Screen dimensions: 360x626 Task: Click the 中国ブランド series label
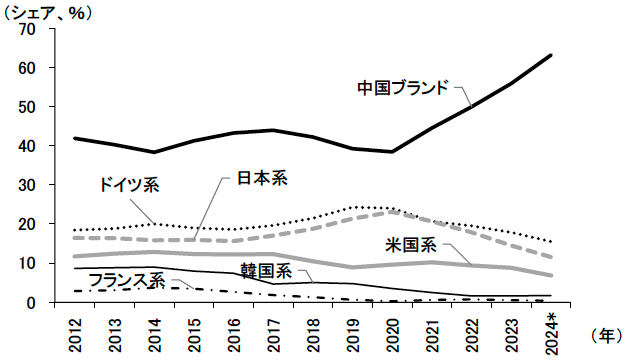click(x=404, y=87)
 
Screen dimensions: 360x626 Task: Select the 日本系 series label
click(x=262, y=179)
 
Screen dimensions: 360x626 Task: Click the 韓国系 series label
click(x=266, y=271)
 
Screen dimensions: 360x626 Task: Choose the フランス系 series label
click(x=126, y=280)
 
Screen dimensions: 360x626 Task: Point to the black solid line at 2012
click(x=75, y=138)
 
